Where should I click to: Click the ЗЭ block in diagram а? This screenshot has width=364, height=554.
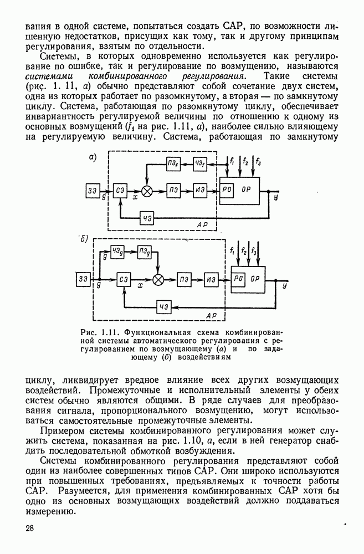coord(92,191)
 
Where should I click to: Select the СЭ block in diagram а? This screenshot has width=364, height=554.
coord(120,191)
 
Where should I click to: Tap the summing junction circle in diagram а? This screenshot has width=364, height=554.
coord(147,191)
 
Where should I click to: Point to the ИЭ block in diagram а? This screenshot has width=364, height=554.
coord(200,191)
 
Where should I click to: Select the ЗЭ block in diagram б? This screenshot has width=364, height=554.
coord(84,279)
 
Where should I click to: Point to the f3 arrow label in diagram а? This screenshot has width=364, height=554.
coord(259,162)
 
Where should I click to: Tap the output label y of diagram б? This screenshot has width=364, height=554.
coord(285,286)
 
